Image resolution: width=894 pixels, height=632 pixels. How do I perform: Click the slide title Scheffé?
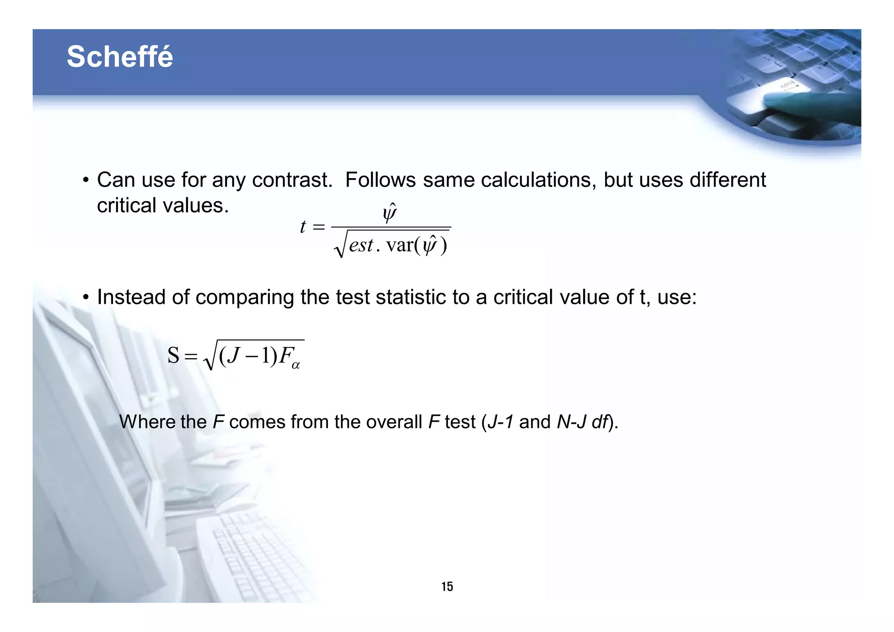tap(120, 57)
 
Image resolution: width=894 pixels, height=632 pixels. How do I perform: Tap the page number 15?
tap(447, 587)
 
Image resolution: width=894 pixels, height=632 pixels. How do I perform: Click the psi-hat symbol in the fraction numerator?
tap(389, 213)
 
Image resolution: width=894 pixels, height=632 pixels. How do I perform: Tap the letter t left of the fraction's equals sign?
tap(303, 227)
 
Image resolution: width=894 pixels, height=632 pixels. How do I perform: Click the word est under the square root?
tap(361, 245)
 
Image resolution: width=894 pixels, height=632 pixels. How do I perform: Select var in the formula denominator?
tap(399, 245)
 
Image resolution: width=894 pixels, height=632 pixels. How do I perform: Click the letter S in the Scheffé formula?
tap(173, 355)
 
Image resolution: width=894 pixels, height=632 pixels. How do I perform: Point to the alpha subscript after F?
tap(296, 365)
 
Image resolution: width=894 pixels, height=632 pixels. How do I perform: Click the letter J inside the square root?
tap(234, 355)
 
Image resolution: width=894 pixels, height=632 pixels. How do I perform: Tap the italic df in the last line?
tap(599, 422)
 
